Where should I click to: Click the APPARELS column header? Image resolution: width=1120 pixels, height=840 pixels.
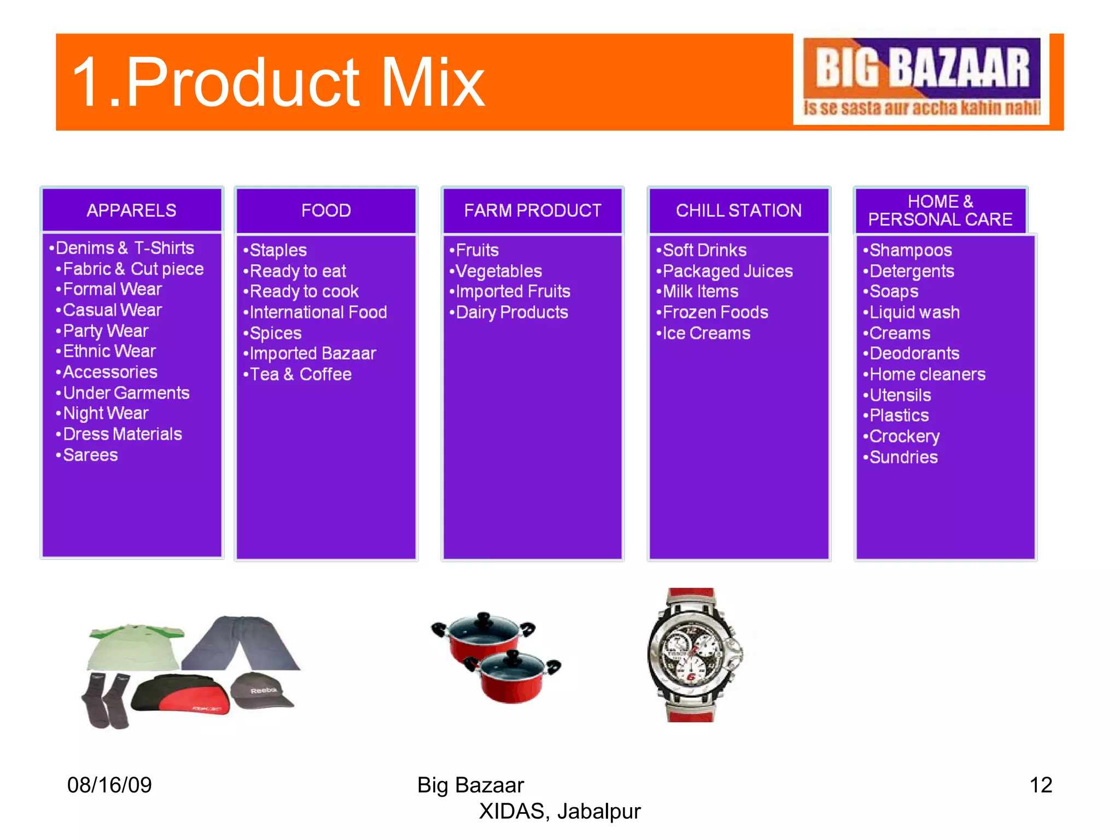132,211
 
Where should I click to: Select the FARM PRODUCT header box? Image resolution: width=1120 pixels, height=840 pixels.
532,211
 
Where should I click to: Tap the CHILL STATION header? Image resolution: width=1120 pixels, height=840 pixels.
738,211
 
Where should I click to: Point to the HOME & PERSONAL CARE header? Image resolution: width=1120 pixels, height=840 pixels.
940,211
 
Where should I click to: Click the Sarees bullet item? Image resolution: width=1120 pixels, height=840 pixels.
90,455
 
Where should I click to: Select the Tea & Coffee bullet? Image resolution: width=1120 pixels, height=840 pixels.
300,375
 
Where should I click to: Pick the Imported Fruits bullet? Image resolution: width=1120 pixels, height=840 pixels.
512,291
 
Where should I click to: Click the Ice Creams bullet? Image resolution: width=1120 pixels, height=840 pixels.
705,333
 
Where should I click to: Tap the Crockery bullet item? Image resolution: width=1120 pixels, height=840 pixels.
904,436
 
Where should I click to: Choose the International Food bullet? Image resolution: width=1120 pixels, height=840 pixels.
318,312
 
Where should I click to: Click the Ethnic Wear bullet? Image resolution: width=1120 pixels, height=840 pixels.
109,351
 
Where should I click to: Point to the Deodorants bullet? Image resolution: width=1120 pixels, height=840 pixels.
914,354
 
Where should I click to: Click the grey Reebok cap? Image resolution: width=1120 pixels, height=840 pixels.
262,690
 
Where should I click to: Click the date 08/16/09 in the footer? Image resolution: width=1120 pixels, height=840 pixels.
109,785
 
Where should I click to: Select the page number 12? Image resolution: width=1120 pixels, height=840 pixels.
1040,785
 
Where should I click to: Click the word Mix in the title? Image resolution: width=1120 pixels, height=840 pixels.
433,83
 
